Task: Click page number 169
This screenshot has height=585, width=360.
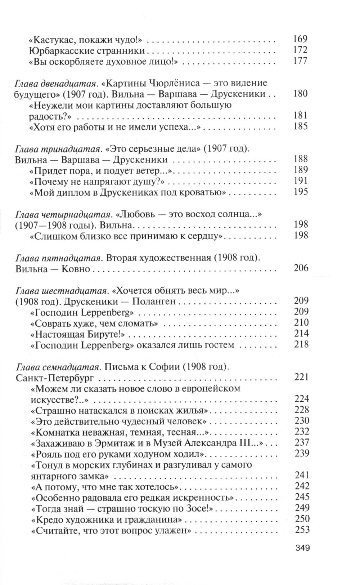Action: (x=301, y=39)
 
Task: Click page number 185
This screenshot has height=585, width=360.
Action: (x=301, y=126)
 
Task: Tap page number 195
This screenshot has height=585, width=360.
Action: (x=301, y=192)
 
